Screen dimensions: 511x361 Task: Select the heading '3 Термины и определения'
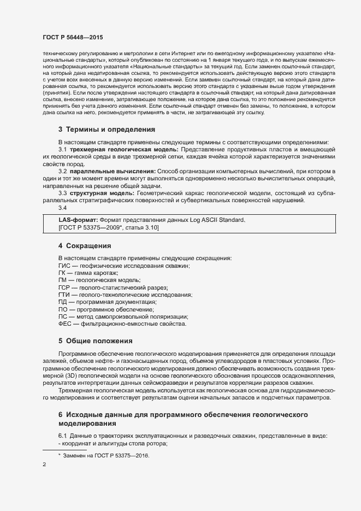107,130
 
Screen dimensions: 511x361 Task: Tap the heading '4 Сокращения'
85,245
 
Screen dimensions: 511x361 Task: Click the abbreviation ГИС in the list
64,265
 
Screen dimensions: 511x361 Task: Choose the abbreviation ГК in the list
62,273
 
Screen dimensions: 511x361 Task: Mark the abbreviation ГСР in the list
64,287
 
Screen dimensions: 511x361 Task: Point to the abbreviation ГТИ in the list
64,295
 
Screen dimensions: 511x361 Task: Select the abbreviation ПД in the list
62,302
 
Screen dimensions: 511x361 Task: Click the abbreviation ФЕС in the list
64,324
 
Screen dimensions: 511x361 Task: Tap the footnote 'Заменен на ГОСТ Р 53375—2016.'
106,455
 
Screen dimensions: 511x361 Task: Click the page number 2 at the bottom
44,465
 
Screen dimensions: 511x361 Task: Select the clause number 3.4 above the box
63,208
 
